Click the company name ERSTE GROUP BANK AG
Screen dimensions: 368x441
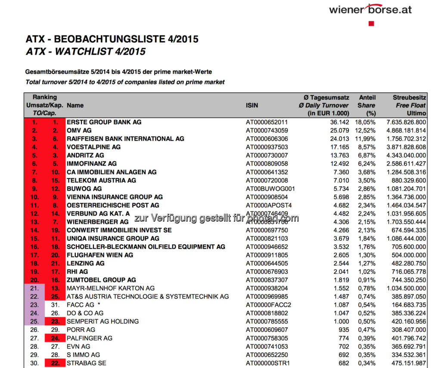pos(104,122)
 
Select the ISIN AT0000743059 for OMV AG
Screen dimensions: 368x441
pos(267,130)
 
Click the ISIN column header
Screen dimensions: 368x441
pos(252,105)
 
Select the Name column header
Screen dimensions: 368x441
pos(75,105)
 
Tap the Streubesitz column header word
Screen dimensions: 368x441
pos(409,98)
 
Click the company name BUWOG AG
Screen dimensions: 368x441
pos(84,189)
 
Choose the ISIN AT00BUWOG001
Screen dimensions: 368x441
pos(270,189)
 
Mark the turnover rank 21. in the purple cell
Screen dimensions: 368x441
pos(34,288)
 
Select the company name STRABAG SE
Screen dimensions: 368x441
pos(86,363)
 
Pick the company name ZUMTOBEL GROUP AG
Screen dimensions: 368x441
pos(101,280)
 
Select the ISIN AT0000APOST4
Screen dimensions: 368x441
pos(268,205)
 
